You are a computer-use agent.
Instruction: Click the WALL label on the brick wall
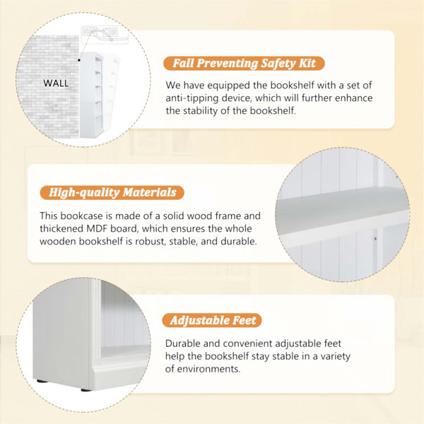[x=56, y=83]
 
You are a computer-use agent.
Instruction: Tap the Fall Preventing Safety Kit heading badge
[x=244, y=64]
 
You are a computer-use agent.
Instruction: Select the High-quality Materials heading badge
[x=112, y=192]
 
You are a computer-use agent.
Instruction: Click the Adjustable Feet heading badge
[x=212, y=320]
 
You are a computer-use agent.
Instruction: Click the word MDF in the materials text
[x=97, y=228]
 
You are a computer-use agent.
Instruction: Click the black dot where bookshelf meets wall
[x=79, y=60]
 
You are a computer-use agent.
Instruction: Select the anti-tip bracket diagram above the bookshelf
[x=105, y=35]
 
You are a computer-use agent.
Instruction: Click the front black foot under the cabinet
[x=86, y=390]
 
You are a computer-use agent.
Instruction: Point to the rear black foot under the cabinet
[x=42, y=382]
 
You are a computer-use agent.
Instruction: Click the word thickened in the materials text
[x=61, y=228]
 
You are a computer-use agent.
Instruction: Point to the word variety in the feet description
[x=335, y=357]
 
